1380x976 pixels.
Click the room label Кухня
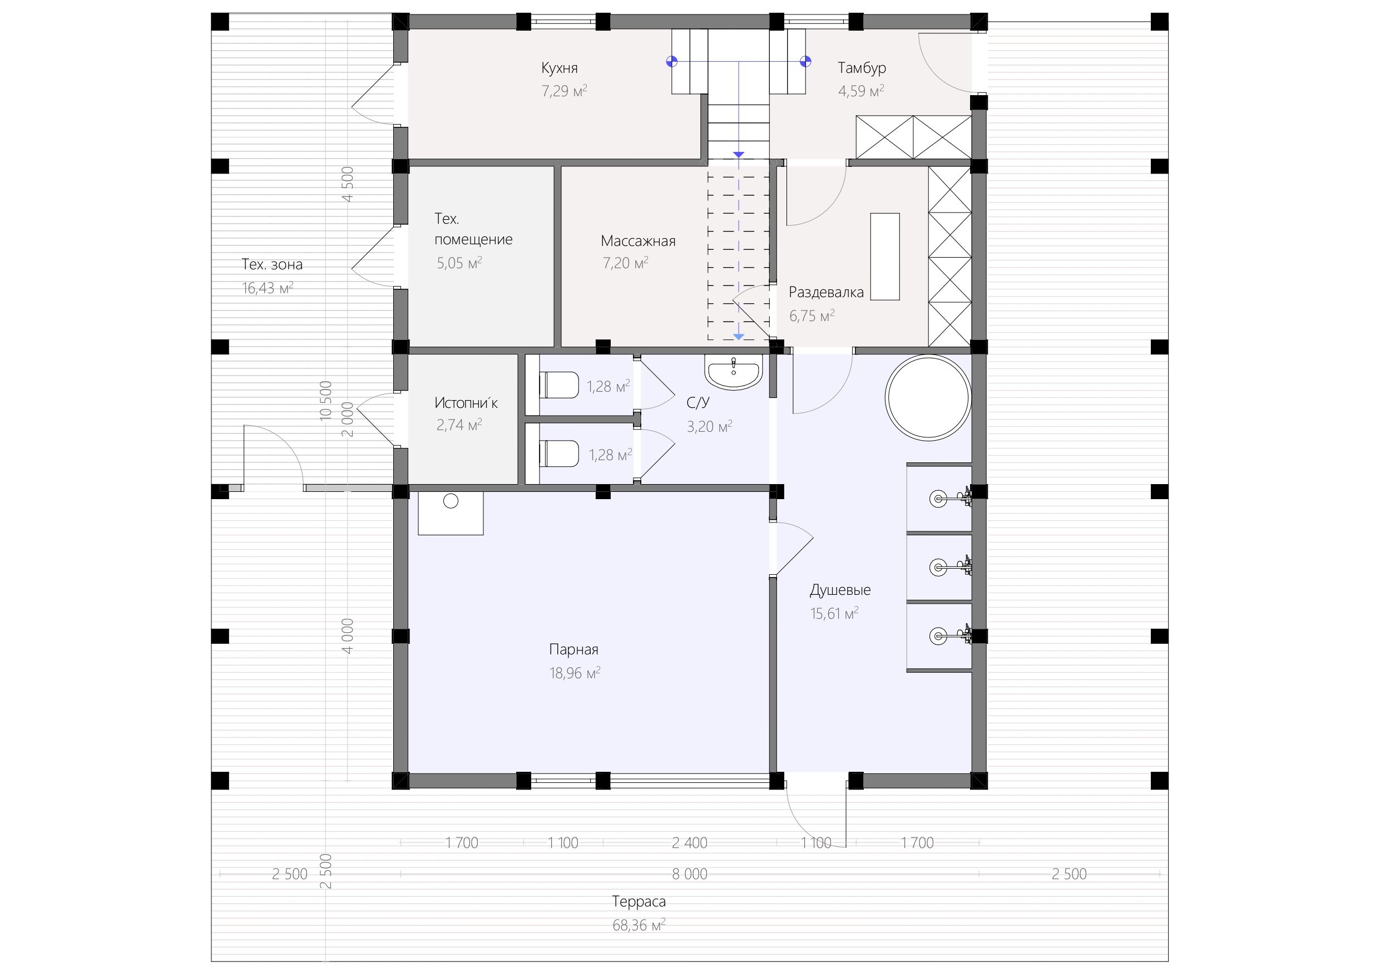pos(559,68)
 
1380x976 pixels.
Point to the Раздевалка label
pos(826,292)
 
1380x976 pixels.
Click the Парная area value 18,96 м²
pos(575,672)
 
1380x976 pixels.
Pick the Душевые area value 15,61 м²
pos(834,613)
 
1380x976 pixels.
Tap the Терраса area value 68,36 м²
pos(639,925)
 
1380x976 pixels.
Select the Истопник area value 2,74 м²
pos(459,425)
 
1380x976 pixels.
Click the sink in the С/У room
pos(734,372)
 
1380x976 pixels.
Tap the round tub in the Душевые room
pos(928,397)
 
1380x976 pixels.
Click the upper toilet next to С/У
pos(558,386)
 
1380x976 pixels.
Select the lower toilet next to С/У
pos(558,454)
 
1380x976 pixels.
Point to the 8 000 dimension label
pos(689,874)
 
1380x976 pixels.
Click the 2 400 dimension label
pos(689,842)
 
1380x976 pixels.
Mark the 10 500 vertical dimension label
pos(326,401)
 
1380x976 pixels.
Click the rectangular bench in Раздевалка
pos(885,257)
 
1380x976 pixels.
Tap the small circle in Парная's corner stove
pos(451,501)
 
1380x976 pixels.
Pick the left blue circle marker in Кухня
pos(672,61)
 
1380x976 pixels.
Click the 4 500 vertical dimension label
pos(348,185)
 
